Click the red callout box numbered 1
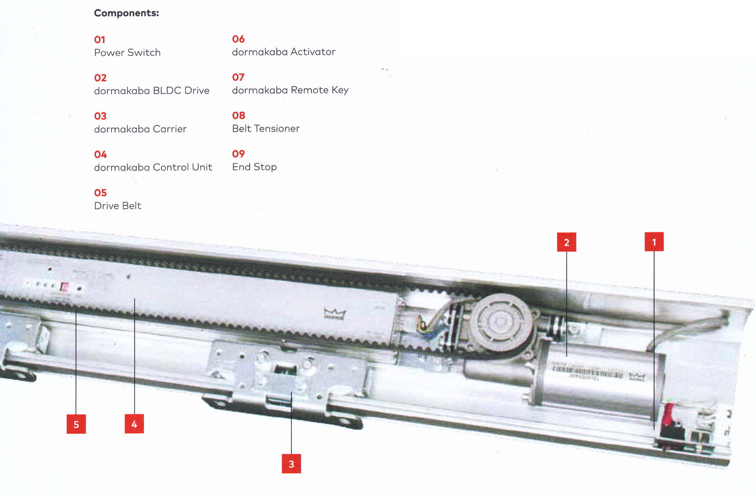654,241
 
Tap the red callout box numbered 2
566,242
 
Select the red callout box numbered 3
291,464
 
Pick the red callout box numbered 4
134,424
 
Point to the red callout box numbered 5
76,424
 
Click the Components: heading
126,13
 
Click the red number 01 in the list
100,39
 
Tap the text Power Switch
127,52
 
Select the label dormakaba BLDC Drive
152,91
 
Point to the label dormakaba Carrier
140,129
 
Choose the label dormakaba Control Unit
153,167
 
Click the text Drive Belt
118,205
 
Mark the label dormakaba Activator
284,52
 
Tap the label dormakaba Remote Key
290,90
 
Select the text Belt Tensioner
266,128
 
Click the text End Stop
254,167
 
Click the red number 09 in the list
238,154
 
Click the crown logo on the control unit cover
335,313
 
